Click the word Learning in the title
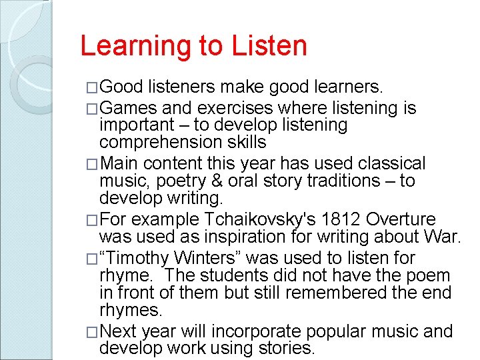[x=129, y=47]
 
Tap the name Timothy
[x=145, y=258]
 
